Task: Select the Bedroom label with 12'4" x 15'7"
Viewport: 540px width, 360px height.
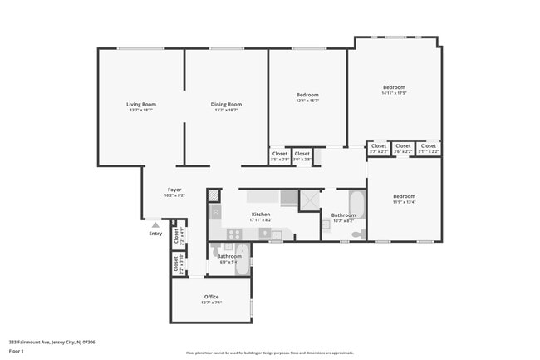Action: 307,96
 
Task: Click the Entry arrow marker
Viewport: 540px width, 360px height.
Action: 155,224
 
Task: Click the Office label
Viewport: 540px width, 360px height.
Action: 211,298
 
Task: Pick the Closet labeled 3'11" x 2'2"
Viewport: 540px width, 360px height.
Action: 428,147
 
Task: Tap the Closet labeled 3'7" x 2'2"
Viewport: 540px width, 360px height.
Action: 378,147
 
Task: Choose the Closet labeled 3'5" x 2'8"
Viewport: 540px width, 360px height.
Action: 279,155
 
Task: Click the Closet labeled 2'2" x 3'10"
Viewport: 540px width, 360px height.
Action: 177,265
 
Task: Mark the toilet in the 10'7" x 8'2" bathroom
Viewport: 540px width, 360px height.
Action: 357,234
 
